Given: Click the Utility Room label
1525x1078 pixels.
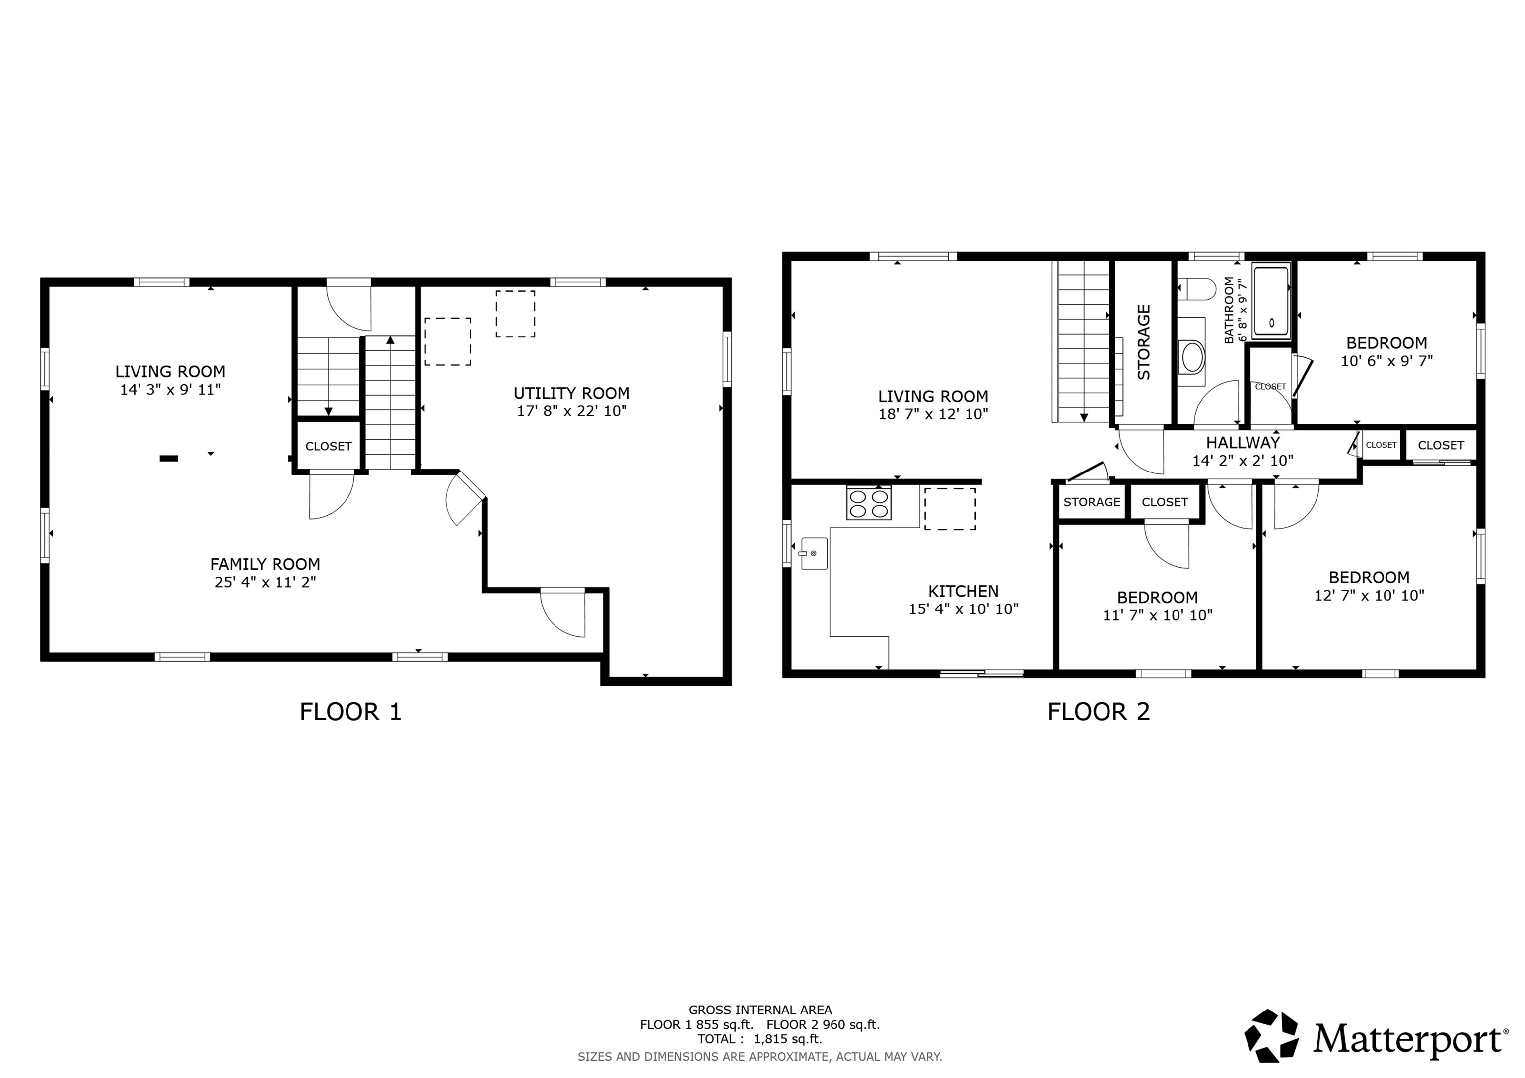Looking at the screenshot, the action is pyautogui.click(x=571, y=393).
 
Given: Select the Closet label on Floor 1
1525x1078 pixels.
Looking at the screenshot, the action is pyautogui.click(x=328, y=446).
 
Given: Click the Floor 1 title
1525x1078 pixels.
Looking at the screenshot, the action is pyautogui.click(x=350, y=712).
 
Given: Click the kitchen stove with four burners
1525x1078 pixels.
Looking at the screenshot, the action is pyautogui.click(x=869, y=503).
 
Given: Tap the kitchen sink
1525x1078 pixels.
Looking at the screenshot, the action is pyautogui.click(x=814, y=553).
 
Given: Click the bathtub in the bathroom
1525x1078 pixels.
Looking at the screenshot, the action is pyautogui.click(x=1271, y=301).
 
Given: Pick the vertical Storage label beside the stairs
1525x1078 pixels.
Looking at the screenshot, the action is pyautogui.click(x=1144, y=342).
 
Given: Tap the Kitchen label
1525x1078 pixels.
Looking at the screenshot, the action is pyautogui.click(x=963, y=591).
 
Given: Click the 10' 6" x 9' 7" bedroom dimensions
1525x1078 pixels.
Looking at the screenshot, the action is pyautogui.click(x=1387, y=361).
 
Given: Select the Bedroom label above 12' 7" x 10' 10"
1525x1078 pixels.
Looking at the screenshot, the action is pyautogui.click(x=1369, y=577).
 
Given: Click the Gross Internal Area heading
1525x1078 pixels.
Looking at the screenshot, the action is pyautogui.click(x=760, y=1010).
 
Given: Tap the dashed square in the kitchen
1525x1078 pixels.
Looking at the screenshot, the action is pyautogui.click(x=950, y=509).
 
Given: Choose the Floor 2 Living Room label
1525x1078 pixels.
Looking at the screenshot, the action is pyautogui.click(x=933, y=397).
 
